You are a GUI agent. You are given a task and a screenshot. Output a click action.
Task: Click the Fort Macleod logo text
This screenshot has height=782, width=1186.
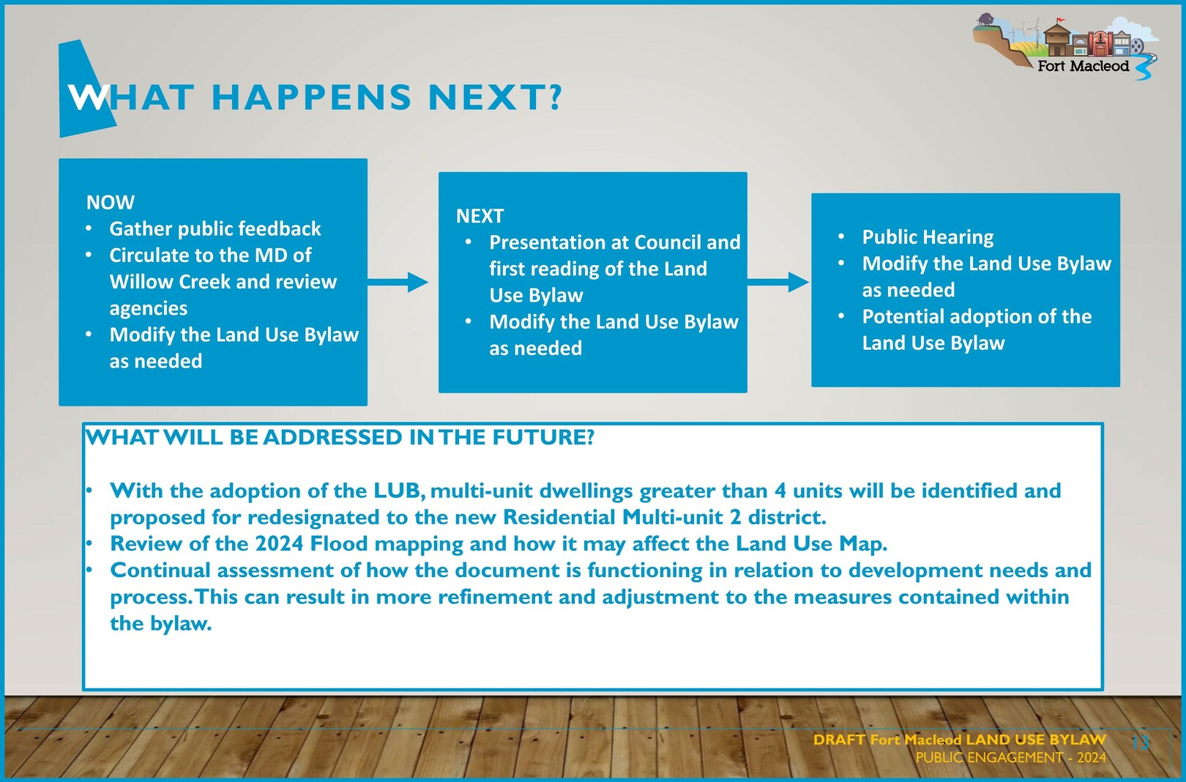click(x=1084, y=66)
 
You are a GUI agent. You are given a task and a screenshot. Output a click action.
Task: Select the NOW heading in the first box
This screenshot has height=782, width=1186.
click(x=110, y=202)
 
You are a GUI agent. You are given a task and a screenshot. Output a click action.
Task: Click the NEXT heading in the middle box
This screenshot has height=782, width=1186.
click(x=480, y=216)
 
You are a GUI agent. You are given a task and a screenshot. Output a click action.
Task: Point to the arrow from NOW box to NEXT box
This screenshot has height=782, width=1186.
click(x=398, y=282)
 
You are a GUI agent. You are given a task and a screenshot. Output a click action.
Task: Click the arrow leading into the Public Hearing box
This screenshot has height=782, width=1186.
click(x=777, y=282)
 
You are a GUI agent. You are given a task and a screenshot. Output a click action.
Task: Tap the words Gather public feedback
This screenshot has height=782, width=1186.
click(x=215, y=228)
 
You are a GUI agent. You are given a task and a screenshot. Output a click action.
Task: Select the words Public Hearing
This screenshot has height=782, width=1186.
click(x=928, y=237)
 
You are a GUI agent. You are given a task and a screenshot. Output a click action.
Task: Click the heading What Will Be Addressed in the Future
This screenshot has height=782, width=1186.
click(x=340, y=437)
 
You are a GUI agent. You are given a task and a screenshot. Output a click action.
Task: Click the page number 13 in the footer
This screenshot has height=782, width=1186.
click(x=1141, y=742)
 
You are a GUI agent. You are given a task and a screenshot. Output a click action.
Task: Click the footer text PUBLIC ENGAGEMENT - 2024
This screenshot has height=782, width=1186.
click(x=1011, y=758)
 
